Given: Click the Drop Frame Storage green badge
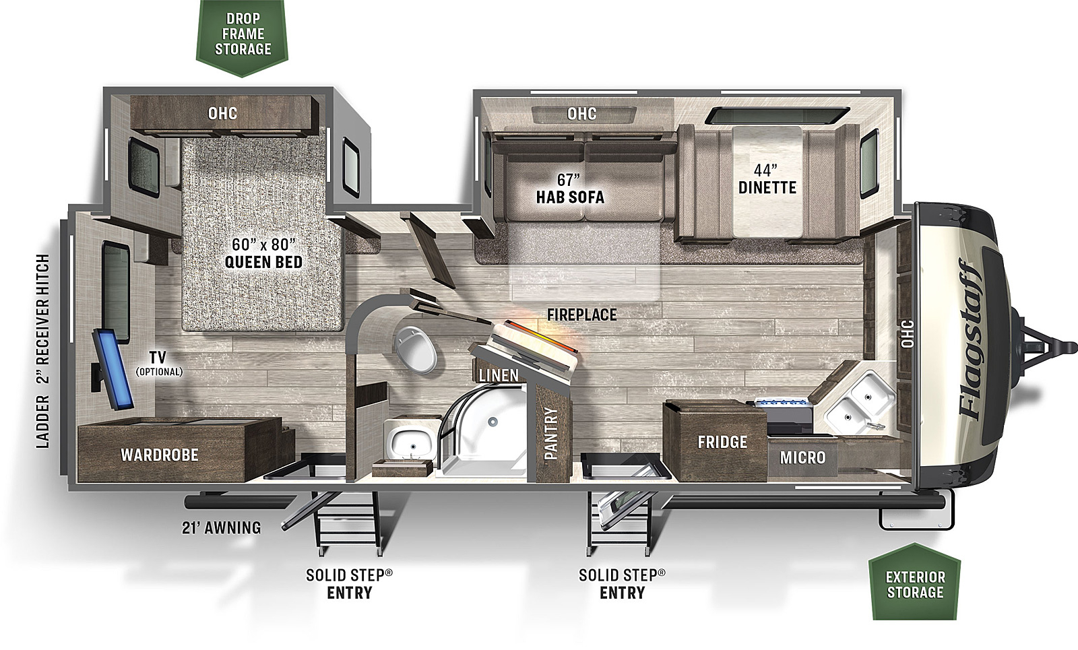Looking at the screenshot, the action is (x=242, y=36).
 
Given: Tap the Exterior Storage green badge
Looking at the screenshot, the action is (x=915, y=582).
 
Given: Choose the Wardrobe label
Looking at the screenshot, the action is (x=159, y=455).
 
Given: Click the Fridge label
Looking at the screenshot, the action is (x=722, y=442).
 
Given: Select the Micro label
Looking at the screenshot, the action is (x=802, y=457).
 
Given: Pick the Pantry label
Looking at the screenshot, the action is (x=551, y=434).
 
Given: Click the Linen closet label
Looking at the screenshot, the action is (x=499, y=375).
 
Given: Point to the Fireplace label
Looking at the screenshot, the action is (x=582, y=315).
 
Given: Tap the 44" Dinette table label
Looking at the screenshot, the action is (x=767, y=178).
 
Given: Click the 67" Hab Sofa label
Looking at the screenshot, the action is (x=570, y=189).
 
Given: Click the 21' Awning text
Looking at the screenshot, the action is (x=222, y=528).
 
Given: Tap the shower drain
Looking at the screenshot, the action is (x=492, y=422).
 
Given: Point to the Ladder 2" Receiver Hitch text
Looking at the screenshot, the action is (x=43, y=351).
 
